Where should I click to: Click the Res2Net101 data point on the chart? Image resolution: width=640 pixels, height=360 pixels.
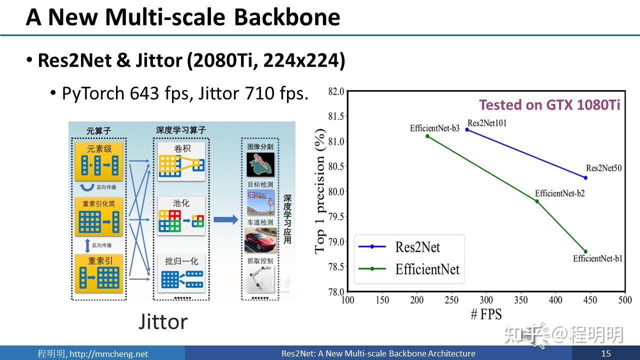tap(467, 129)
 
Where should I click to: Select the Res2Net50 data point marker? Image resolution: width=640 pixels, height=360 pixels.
tap(585, 177)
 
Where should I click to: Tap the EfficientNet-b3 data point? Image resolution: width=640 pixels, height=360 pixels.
tap(427, 136)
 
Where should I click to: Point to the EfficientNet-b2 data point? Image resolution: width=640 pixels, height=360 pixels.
tap(537, 201)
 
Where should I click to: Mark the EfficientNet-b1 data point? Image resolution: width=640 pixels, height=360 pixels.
tap(585, 251)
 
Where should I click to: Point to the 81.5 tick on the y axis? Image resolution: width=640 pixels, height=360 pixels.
tap(336, 116)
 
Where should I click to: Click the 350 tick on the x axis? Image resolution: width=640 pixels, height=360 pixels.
tap(520, 300)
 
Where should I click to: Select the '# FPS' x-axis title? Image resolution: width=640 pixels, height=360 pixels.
tap(485, 314)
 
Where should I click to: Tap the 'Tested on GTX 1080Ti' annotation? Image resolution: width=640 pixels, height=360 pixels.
tap(549, 105)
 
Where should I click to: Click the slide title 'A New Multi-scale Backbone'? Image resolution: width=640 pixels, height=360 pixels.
tap(183, 17)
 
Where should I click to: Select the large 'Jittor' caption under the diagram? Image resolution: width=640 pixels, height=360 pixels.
tap(163, 321)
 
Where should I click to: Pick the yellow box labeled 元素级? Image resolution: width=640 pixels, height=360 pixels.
tap(99, 160)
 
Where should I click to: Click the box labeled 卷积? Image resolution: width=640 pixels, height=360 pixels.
tap(181, 161)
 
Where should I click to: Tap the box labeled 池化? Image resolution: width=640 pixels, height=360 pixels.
tap(181, 215)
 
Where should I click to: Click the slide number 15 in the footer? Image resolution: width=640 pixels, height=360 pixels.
tap(606, 353)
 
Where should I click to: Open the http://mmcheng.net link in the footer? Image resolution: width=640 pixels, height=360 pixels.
tap(108, 354)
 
